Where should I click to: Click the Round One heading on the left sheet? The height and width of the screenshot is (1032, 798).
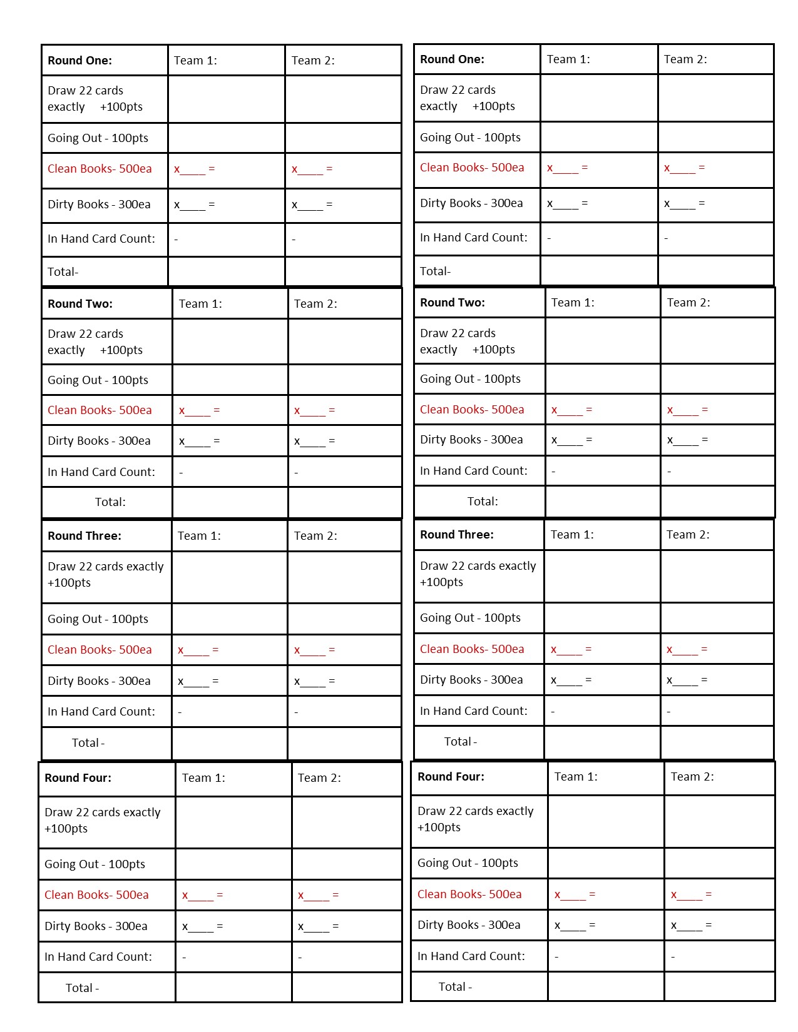[x=79, y=61]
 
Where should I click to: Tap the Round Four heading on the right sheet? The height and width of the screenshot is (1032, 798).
[x=451, y=777]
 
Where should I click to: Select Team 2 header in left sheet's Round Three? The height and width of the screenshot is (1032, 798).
[x=315, y=536]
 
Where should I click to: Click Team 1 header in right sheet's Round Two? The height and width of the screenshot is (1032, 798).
[x=573, y=303]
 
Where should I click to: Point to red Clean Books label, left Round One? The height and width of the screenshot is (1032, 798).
[x=100, y=169]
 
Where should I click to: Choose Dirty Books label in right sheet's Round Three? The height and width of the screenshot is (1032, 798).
[x=471, y=680]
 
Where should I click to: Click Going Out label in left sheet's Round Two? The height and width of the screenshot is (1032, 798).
[x=98, y=380]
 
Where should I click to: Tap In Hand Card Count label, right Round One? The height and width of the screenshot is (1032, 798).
[x=474, y=238]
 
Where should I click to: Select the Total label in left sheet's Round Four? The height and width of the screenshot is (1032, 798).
[x=82, y=988]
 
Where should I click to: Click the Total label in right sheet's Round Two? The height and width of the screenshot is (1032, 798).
[x=483, y=502]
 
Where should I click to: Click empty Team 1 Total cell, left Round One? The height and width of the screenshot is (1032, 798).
[x=226, y=272]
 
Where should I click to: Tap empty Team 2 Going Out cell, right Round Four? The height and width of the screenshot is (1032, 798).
[x=719, y=863]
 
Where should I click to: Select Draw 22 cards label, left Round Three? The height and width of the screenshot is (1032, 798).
[x=105, y=574]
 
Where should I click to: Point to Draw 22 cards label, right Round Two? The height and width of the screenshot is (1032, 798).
[x=467, y=341]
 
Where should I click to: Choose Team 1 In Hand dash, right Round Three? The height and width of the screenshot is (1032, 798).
[x=553, y=712]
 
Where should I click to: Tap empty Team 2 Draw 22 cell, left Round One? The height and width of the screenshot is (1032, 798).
[x=343, y=99]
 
